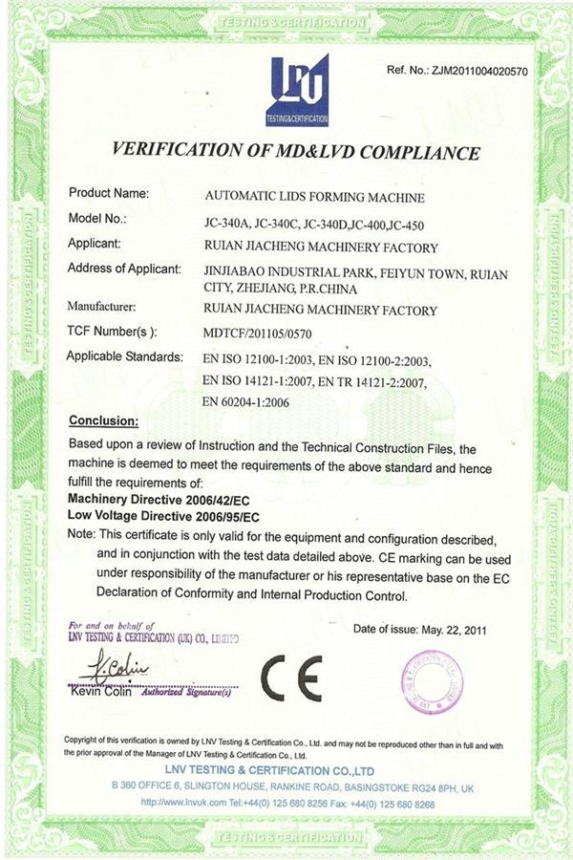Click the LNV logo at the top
299,90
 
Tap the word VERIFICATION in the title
179,152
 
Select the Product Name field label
108,193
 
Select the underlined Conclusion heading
104,420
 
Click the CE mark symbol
291,677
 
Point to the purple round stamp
432,681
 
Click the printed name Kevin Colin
100,693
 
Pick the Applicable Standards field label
124,356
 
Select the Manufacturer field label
102,308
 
